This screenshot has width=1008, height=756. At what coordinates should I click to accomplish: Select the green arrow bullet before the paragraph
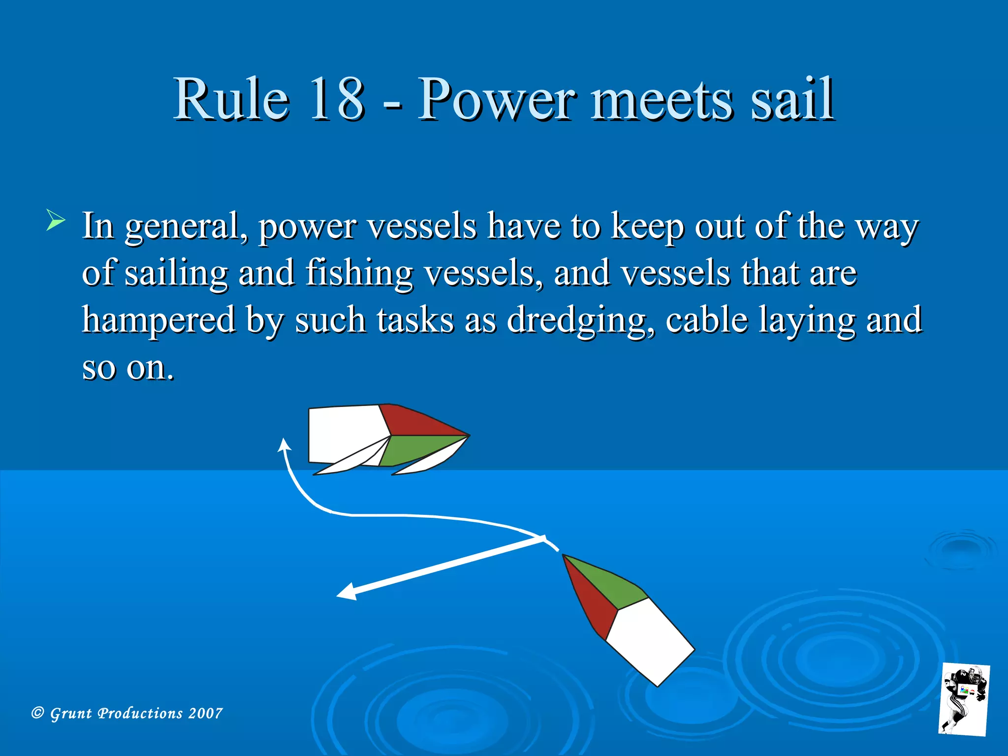[x=56, y=220]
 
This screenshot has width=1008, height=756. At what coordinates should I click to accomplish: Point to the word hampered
[x=158, y=320]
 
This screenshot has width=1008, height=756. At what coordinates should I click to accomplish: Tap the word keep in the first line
[x=648, y=226]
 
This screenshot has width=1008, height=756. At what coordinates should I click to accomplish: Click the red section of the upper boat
[x=413, y=422]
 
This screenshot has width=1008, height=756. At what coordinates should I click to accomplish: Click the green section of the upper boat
[x=413, y=449]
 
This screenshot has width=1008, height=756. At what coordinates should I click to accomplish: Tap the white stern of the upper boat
[x=342, y=433]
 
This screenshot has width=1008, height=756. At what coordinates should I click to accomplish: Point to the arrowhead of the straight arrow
[x=346, y=592]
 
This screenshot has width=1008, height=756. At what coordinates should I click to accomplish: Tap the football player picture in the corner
[x=964, y=699]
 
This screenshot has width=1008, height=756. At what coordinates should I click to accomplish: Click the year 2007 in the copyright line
[x=205, y=713]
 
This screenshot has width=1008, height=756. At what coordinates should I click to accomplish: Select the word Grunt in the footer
[x=71, y=713]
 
